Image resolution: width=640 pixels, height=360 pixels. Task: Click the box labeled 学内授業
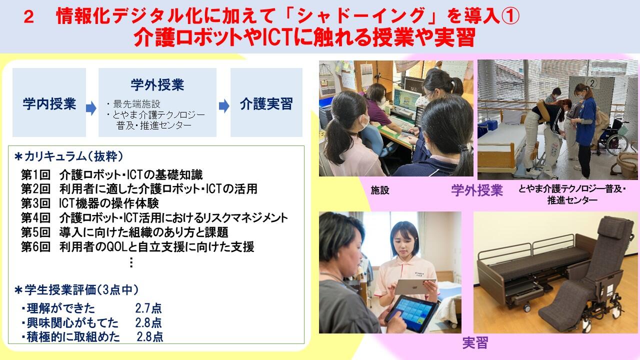(49, 102)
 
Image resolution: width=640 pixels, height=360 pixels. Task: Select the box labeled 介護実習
(266, 102)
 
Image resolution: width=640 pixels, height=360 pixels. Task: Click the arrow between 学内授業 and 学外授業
(91, 107)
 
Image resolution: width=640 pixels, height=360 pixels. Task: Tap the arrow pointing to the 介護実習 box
(224, 106)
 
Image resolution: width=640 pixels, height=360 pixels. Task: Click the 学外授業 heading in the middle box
(157, 85)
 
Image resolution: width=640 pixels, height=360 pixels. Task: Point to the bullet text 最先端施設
(133, 103)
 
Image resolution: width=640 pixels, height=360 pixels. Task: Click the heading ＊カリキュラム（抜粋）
(69, 156)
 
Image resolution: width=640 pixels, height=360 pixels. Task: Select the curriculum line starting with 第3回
(89, 203)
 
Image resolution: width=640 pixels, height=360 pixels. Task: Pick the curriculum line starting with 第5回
(124, 232)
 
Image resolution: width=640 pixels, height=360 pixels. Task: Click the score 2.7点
(148, 308)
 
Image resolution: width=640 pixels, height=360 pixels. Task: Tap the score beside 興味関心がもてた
(148, 322)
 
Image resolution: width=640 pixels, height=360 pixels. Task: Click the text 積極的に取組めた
(71, 337)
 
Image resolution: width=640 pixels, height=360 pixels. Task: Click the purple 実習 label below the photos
(475, 342)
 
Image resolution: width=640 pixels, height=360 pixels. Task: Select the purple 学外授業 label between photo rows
(477, 190)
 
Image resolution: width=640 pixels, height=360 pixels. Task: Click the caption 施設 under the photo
(380, 190)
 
